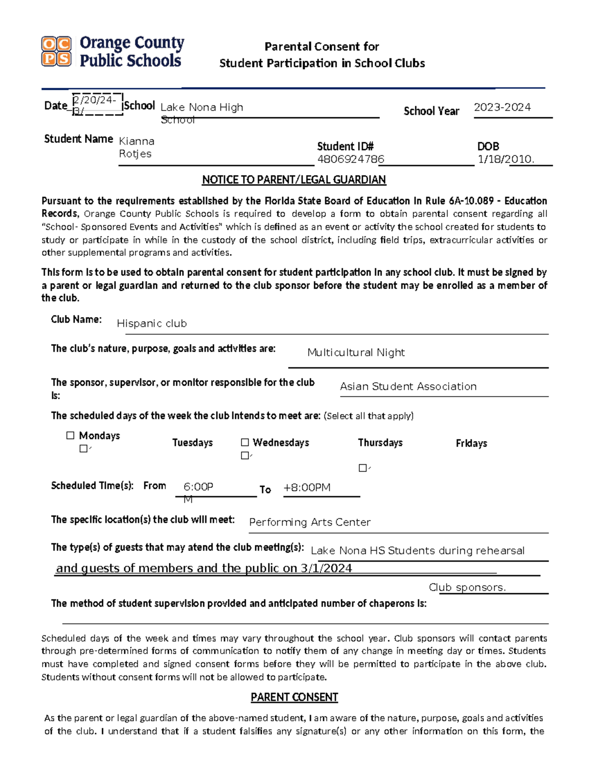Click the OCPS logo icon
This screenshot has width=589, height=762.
point(56,51)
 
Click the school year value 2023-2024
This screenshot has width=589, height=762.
point(502,107)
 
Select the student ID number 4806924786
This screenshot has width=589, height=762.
point(350,159)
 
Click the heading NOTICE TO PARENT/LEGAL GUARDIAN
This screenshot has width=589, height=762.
point(294,180)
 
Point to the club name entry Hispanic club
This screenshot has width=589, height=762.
point(152,323)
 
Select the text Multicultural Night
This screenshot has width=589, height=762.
point(356,352)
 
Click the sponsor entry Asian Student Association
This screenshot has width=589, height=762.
point(408,386)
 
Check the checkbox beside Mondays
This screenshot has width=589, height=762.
point(71,435)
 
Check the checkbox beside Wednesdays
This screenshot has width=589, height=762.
point(245,442)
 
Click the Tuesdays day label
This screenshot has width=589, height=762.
point(192,443)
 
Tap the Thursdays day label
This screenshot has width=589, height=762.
point(380,443)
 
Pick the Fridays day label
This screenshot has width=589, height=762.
point(471,443)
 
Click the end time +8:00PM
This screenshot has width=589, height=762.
point(307,487)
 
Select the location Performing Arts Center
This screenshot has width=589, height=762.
point(310,522)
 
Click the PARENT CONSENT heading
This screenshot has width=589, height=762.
point(294,697)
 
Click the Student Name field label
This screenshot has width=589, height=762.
point(79,139)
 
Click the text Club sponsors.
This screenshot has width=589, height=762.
point(467,587)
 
